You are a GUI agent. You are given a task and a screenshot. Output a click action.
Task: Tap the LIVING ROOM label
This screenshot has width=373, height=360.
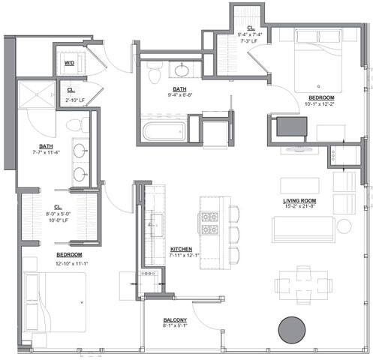click(302, 201)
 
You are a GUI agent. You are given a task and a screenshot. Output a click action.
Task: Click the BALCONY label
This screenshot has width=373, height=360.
click(176, 319)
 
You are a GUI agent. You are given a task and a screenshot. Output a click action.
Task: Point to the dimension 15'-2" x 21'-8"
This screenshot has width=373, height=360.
click(302, 208)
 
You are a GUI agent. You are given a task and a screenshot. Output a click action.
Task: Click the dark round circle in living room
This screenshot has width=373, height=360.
click(291, 328)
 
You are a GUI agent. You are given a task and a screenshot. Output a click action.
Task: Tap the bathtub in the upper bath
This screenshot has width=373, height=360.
click(161, 131)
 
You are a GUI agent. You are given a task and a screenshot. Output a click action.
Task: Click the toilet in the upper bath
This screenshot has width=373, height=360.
click(155, 73)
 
